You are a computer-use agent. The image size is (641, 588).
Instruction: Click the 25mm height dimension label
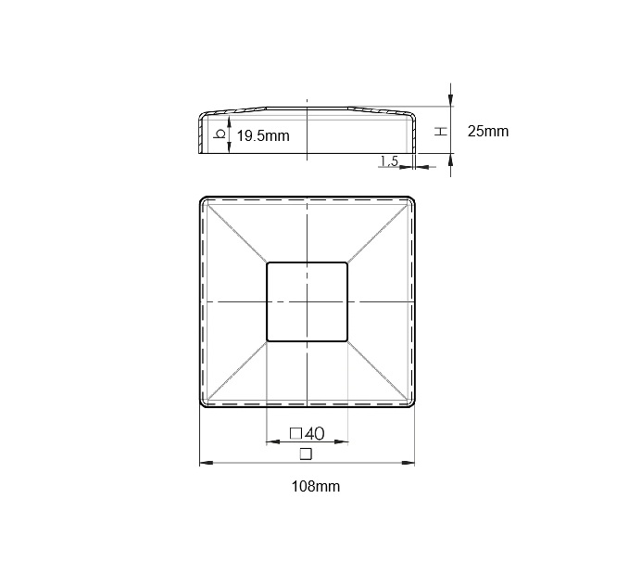click(x=488, y=132)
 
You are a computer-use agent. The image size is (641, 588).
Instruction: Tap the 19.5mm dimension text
click(x=263, y=135)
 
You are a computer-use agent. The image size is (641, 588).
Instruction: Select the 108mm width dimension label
click(x=316, y=487)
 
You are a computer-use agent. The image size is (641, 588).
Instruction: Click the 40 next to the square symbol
click(x=314, y=433)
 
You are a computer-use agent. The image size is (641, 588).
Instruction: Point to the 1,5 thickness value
click(x=389, y=160)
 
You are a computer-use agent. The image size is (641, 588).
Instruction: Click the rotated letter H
click(x=441, y=132)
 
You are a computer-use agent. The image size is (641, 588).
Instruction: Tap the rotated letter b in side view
click(x=220, y=134)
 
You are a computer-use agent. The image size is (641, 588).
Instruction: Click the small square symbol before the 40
click(x=295, y=433)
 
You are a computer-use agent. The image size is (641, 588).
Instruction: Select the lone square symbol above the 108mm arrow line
click(x=306, y=454)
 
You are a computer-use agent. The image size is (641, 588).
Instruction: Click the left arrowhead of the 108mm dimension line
click(x=206, y=463)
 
